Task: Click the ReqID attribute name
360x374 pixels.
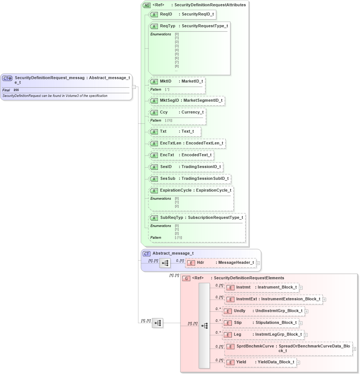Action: (166, 14)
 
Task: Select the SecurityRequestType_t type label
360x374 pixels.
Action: (205, 26)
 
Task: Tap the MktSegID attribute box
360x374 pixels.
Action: (186, 100)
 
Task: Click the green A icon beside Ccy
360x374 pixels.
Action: (154, 112)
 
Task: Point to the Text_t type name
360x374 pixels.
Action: (187, 131)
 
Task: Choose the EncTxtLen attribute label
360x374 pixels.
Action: (170, 143)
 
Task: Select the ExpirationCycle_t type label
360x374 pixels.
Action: (213, 190)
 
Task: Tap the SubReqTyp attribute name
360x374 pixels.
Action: (171, 217)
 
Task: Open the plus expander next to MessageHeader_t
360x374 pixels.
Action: (258, 263)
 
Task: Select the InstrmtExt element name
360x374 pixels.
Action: (247, 299)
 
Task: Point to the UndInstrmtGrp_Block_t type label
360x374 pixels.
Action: (279, 311)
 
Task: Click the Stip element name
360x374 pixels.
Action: (238, 322)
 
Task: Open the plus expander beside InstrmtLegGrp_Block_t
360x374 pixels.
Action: (306, 335)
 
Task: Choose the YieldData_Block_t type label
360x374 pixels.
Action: (276, 362)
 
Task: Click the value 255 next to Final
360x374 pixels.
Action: (16, 90)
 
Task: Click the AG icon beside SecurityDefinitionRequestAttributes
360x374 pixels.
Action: (147, 5)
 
